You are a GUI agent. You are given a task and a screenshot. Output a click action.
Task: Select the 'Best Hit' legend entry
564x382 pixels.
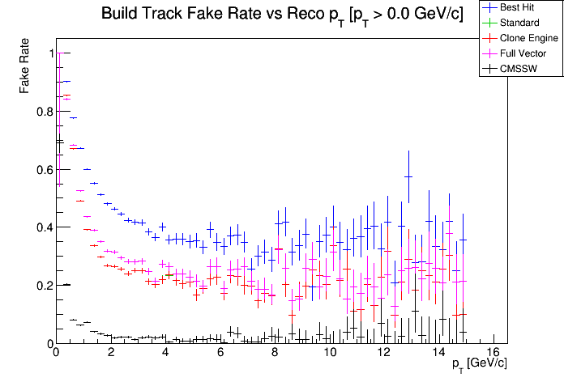[519, 8]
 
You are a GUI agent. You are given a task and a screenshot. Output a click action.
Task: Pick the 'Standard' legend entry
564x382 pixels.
[519, 23]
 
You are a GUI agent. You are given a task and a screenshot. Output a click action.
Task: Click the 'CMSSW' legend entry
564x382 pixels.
[518, 69]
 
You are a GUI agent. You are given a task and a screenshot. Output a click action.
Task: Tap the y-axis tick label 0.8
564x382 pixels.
[43, 112]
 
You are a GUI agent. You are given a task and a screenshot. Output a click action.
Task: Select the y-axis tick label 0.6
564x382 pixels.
[43, 170]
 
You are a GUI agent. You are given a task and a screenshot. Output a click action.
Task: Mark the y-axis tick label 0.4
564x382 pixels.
[43, 227]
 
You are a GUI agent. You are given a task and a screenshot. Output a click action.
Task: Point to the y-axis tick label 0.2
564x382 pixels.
[43, 286]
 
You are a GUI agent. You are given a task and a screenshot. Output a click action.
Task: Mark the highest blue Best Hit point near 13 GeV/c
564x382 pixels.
[408, 176]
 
